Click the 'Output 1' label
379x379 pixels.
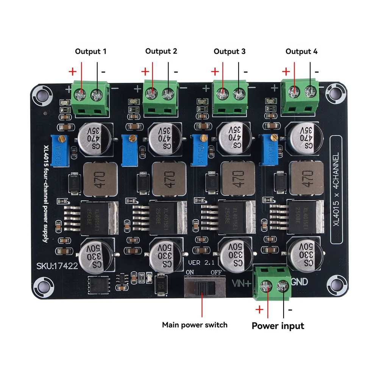90,51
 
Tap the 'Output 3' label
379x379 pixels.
229,51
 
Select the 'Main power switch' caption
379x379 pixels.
195,324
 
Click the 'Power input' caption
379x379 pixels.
278,326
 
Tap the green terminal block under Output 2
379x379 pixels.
161,98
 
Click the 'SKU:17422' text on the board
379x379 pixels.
57,266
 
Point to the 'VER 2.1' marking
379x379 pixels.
201,262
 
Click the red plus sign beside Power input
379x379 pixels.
259,310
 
